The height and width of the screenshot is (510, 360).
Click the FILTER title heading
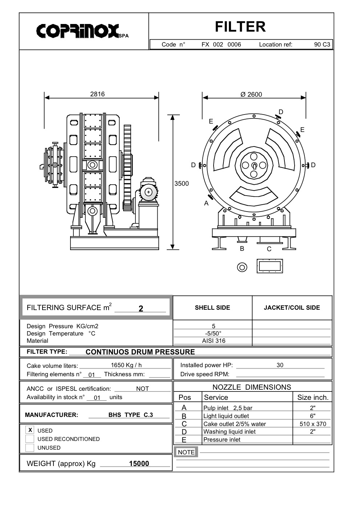coord(240,27)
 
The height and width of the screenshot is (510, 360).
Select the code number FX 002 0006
coord(221,44)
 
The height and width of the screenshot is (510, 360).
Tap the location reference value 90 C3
coord(322,44)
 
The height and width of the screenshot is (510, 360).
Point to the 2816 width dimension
coord(97,94)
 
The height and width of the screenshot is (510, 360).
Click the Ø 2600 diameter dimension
coord(251,95)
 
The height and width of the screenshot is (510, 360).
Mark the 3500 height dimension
coord(181,184)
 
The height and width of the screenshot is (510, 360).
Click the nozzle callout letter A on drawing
coord(206,203)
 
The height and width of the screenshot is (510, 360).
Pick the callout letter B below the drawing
coord(242,249)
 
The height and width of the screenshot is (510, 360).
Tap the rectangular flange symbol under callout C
coord(269,266)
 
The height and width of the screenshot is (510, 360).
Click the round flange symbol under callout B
coord(242,267)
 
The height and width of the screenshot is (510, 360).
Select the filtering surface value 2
coord(141,309)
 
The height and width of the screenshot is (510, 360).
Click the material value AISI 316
coord(214,341)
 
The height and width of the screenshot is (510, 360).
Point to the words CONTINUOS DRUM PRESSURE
coord(140,352)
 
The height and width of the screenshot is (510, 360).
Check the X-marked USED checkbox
coord(30,430)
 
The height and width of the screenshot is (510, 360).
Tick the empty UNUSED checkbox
coord(30,448)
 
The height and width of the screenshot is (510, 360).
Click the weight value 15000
coord(139,463)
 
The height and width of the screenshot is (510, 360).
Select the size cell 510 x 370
coord(313,424)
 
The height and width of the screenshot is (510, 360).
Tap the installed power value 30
coord(280,365)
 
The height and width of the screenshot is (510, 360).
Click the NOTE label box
coord(186,452)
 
